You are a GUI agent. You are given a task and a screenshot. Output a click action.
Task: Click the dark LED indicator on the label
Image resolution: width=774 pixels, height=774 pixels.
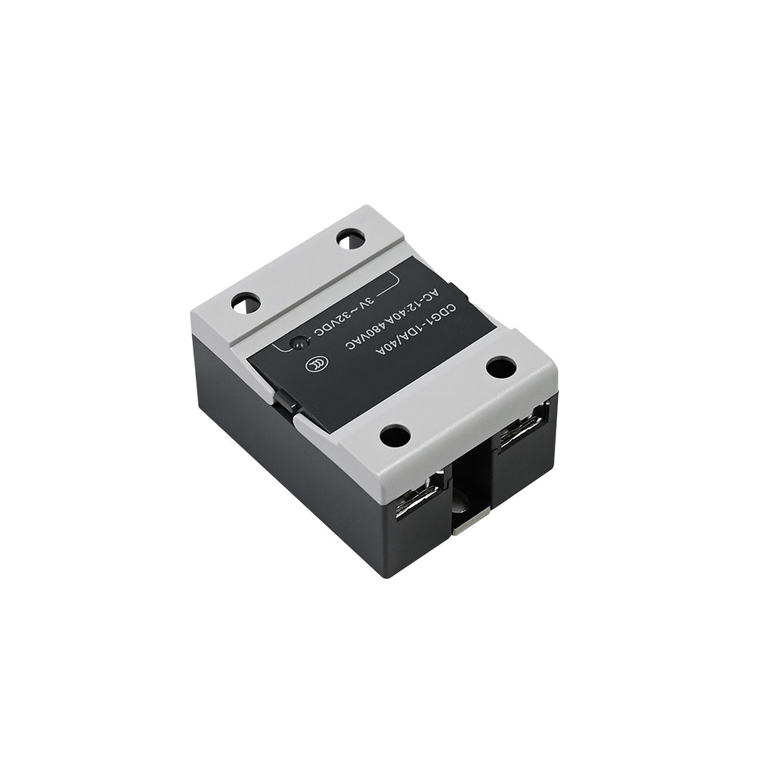click(299, 343)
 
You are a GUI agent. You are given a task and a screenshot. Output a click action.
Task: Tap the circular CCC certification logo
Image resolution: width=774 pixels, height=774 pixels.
click(313, 365)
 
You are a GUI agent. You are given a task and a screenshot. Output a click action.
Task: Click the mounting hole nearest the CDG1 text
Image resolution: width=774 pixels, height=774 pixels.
click(501, 367)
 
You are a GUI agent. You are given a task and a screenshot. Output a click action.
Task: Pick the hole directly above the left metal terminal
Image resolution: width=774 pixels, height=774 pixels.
click(395, 436)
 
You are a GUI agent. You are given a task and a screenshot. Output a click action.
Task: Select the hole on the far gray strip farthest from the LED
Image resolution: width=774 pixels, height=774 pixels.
click(351, 239)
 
